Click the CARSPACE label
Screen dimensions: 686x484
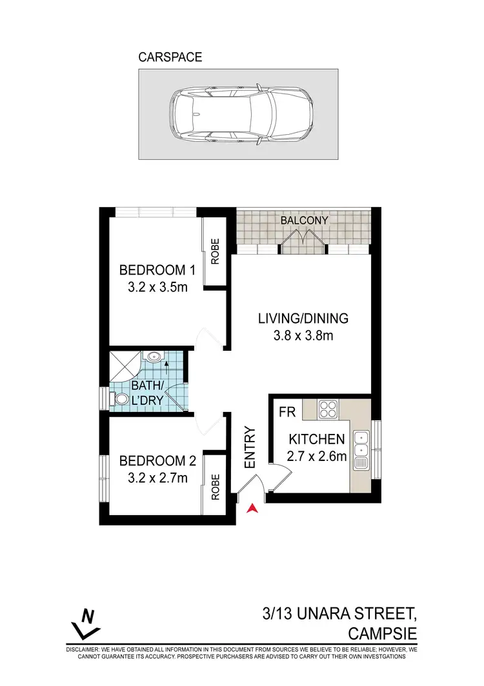[x=170, y=57]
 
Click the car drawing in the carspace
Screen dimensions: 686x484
[x=241, y=114]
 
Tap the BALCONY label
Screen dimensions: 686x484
[x=304, y=220]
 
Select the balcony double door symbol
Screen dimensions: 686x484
[x=303, y=243]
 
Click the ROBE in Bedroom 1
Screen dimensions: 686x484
[x=214, y=252]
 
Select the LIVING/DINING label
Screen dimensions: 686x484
[x=303, y=318]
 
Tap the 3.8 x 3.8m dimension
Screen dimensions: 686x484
[x=303, y=335]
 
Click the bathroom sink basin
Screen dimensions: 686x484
[x=154, y=357]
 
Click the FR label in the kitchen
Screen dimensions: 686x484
[x=287, y=411]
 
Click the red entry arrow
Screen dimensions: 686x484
[x=254, y=509]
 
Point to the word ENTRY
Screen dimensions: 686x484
[x=250, y=447]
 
